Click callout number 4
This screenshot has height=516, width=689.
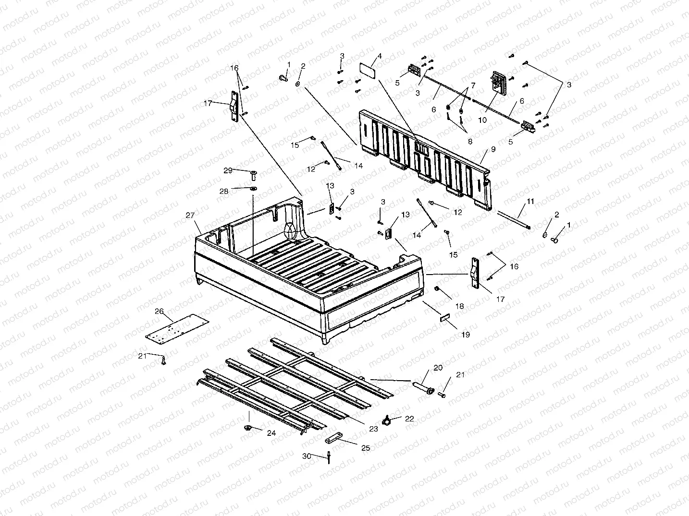point(380,56)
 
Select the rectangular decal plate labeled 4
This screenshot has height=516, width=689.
point(368,70)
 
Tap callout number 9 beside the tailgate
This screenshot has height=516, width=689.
point(492,149)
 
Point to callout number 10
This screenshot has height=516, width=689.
point(482,120)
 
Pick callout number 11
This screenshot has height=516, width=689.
point(530,202)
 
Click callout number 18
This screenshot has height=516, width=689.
point(460,306)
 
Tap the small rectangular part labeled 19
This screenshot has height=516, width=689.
point(444,318)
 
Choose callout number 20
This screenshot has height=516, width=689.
point(438,368)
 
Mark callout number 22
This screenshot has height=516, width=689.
point(409,419)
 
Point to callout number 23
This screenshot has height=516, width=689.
point(373,429)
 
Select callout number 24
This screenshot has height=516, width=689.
point(271,433)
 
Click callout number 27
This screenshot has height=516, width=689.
point(190,216)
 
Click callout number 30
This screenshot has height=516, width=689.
point(307,456)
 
